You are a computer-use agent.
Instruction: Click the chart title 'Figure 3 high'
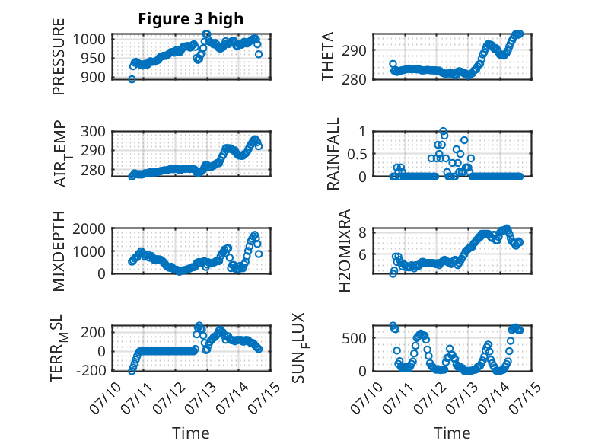point(191,19)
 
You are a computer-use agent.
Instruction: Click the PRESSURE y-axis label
point(59,56)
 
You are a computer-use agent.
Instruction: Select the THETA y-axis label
point(328,56)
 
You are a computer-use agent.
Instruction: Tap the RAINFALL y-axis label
point(333,154)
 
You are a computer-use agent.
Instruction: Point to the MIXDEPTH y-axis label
point(59,251)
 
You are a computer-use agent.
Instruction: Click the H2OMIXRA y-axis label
point(345,251)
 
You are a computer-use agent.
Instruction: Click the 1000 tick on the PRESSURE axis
point(89,39)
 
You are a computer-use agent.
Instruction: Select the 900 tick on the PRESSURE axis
point(94,78)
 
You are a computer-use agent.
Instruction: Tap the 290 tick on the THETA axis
point(354,50)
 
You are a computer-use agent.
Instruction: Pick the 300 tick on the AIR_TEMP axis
point(94,132)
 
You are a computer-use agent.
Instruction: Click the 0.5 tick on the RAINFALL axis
point(356,154)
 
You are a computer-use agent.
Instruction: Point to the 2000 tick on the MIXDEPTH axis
point(89,228)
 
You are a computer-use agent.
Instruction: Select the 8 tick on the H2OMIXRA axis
point(362,232)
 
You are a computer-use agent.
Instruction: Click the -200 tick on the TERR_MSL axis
point(91,370)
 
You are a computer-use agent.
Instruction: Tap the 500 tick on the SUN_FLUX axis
point(354,338)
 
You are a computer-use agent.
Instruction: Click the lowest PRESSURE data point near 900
point(132,79)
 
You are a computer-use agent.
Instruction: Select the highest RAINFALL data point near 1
point(444,131)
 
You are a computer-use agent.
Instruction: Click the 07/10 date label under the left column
point(105,398)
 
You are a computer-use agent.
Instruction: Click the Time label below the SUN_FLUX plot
point(452,433)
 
